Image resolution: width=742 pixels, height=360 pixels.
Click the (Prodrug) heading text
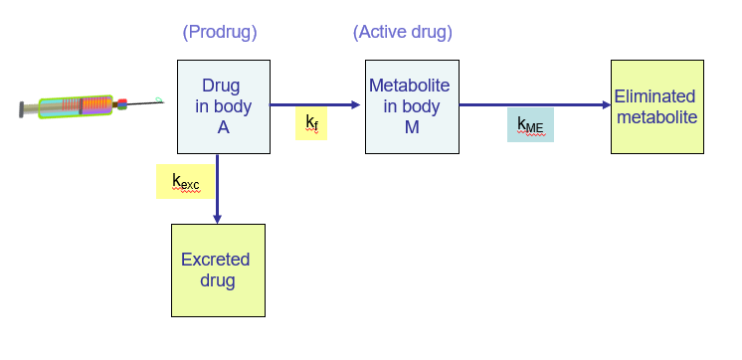click(x=220, y=32)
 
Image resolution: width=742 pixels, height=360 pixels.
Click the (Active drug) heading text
click(x=402, y=32)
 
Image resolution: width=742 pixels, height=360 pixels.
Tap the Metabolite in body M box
click(x=412, y=106)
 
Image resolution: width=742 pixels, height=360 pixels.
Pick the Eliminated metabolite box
click(x=656, y=106)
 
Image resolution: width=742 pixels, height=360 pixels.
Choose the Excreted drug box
click(x=218, y=270)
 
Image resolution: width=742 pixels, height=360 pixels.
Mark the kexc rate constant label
click(x=184, y=181)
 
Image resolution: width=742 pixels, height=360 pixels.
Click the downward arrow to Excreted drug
click(x=217, y=189)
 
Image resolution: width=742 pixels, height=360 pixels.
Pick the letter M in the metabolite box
click(x=412, y=126)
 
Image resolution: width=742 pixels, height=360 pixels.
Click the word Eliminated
click(x=656, y=96)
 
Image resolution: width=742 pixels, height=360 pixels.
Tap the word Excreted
click(x=216, y=260)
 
